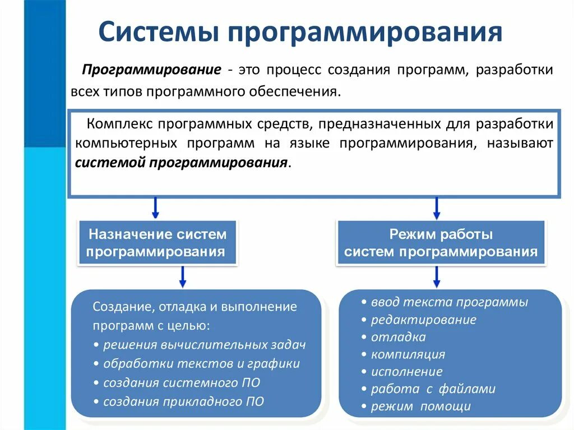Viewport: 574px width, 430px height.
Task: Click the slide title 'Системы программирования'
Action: click(x=300, y=32)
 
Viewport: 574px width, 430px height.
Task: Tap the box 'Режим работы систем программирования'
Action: click(x=441, y=243)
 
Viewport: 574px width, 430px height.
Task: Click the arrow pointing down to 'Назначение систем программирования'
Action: click(x=156, y=208)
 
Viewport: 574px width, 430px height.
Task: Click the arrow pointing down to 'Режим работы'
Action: click(x=437, y=208)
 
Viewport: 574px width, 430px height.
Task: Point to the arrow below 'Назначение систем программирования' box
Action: click(x=182, y=276)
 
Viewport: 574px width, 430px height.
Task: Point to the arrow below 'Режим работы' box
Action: click(x=437, y=276)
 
